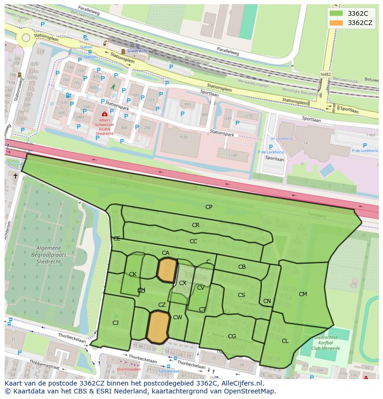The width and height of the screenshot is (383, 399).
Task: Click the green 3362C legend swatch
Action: tap(336, 13)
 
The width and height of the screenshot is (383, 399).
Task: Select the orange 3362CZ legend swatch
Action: tap(336, 23)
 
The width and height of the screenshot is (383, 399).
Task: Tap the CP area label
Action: tap(209, 207)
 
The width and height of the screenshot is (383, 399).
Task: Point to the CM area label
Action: tap(303, 294)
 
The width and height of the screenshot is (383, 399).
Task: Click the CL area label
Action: tap(285, 341)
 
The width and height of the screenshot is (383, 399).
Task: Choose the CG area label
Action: tap(232, 336)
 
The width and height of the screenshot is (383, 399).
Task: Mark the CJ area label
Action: tap(116, 323)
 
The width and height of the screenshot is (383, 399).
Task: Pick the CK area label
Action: tap(133, 274)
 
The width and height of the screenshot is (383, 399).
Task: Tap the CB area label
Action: tap(242, 267)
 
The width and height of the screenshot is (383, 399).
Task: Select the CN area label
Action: tap(267, 301)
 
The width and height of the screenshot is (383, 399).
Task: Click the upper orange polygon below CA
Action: tap(167, 270)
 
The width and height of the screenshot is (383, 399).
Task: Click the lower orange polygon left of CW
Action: tap(158, 327)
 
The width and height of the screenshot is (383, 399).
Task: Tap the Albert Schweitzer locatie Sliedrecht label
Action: tap(105, 125)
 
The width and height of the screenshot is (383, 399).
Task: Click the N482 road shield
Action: tap(326, 74)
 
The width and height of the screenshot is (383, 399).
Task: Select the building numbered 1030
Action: tap(184, 137)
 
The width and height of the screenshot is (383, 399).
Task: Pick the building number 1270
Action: tap(248, 116)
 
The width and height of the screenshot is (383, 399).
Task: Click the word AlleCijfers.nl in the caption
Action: tap(241, 383)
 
